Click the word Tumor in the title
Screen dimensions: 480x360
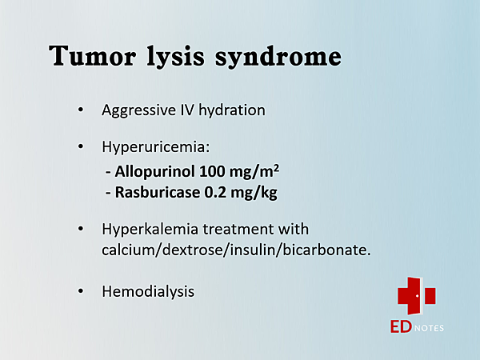coord(93,55)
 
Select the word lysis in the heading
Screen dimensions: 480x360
coord(175,58)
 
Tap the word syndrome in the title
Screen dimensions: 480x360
coord(278,58)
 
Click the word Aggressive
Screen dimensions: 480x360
coord(139,110)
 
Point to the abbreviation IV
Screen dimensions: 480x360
coord(186,110)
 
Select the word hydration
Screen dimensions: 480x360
coord(232,110)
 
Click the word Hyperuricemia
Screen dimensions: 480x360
coord(156,147)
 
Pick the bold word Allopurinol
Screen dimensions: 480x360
coord(154,172)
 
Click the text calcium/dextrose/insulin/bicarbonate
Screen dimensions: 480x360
coord(236,250)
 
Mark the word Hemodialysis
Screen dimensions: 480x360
coord(148,292)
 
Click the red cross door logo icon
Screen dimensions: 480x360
coord(417,296)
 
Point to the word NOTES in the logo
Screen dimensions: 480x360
coord(429,329)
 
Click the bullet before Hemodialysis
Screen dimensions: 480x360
coord(81,291)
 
